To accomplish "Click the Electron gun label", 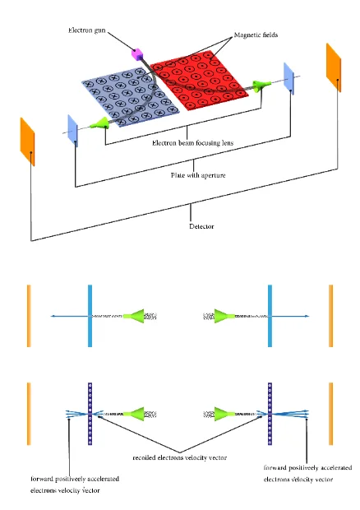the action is pyautogui.click(x=87, y=30).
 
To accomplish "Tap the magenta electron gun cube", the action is pyautogui.click(x=136, y=54).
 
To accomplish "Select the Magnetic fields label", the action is pyautogui.click(x=256, y=35).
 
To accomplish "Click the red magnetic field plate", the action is pyautogui.click(x=199, y=81).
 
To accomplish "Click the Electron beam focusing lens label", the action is pyautogui.click(x=192, y=143).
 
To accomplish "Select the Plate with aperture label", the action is pyautogui.click(x=198, y=175).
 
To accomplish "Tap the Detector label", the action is pyautogui.click(x=201, y=226).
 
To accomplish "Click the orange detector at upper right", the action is pyautogui.click(x=334, y=67).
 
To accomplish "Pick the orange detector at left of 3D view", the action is pyautogui.click(x=27, y=141).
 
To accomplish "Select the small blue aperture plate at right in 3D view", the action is pyautogui.click(x=288, y=79).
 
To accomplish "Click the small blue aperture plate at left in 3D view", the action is pyautogui.click(x=73, y=131).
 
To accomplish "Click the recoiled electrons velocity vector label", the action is pyautogui.click(x=180, y=457).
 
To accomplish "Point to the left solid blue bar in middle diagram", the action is pyautogui.click(x=90, y=316).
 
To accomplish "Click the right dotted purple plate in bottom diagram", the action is pyautogui.click(x=270, y=414).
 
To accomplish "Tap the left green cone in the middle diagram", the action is pyautogui.click(x=133, y=316).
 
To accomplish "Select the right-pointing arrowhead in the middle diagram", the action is pyautogui.click(x=307, y=316).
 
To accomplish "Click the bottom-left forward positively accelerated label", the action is pyautogui.click(x=75, y=484).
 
